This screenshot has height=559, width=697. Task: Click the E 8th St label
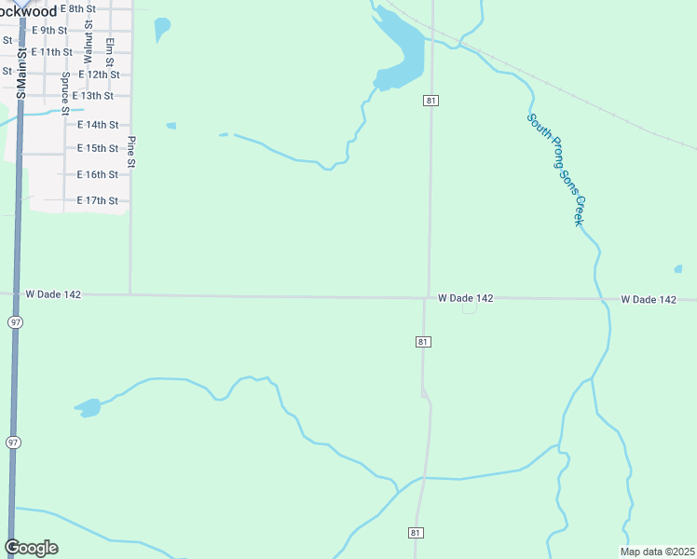click(x=77, y=8)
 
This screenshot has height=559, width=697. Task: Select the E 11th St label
click(x=51, y=52)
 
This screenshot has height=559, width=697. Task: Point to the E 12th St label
click(x=99, y=75)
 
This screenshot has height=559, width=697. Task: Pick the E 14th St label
click(x=97, y=125)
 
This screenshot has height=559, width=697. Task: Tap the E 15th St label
click(x=97, y=149)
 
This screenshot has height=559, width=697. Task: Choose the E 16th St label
click(x=97, y=175)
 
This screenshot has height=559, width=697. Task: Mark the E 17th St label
click(x=97, y=201)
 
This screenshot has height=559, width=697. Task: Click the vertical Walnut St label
click(x=88, y=46)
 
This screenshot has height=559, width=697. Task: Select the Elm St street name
click(x=110, y=52)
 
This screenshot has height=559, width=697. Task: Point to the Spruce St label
click(x=65, y=93)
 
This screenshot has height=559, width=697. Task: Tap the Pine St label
click(x=131, y=153)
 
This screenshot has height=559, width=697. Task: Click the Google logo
click(x=31, y=548)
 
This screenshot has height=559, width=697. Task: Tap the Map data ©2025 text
click(x=657, y=552)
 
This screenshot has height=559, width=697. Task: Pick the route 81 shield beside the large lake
click(x=430, y=100)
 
